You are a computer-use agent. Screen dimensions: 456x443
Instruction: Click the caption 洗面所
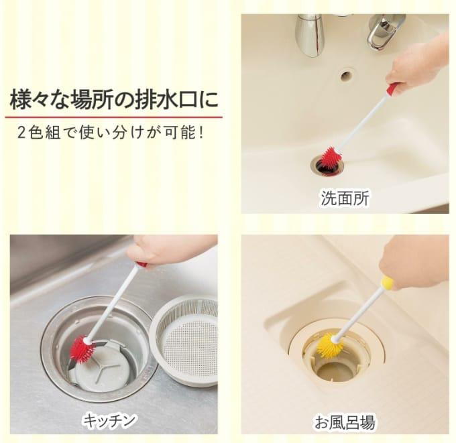pyautogui.click(x=345, y=198)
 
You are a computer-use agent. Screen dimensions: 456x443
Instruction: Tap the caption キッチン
pyautogui.click(x=109, y=420)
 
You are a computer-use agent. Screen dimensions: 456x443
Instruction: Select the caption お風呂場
pyautogui.click(x=345, y=422)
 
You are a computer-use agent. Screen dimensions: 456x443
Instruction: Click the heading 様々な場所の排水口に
pyautogui.click(x=114, y=101)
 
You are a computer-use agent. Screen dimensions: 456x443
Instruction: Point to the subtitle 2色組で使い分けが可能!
pyautogui.click(x=110, y=133)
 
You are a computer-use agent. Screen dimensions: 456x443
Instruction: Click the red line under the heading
pyautogui.click(x=114, y=117)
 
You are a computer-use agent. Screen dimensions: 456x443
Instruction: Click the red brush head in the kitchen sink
pyautogui.click(x=83, y=349)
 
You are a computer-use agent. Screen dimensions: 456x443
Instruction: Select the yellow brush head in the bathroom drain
pyautogui.click(x=329, y=346)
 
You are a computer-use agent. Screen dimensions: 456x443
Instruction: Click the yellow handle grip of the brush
pyautogui.click(x=388, y=283)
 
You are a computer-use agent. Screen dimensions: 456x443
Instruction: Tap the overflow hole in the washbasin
pyautogui.click(x=347, y=75)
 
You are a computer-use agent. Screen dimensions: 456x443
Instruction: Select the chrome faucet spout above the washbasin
pyautogui.click(x=309, y=34)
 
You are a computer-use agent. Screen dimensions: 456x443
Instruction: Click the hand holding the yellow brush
pyautogui.click(x=414, y=263)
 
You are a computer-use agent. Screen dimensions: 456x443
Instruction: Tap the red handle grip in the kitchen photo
pyautogui.click(x=142, y=265)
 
